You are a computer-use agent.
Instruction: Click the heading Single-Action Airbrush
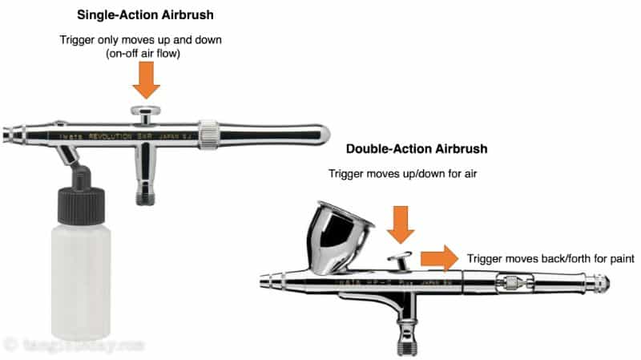pyautogui.click(x=147, y=14)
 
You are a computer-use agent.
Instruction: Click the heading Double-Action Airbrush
pyautogui.click(x=416, y=149)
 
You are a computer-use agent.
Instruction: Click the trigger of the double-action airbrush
pyautogui.click(x=398, y=261)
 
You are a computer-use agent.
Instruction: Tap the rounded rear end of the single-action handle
pyautogui.click(x=320, y=134)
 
